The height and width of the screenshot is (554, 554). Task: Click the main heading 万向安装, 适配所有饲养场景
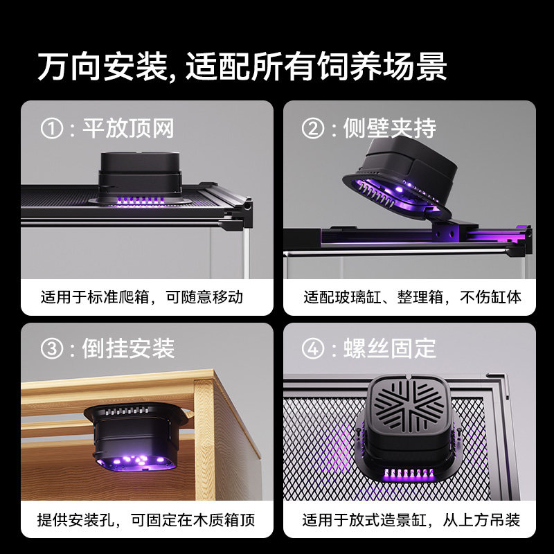click(x=242, y=67)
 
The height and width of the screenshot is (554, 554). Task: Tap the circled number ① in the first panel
click(x=53, y=128)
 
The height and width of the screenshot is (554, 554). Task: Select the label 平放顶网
click(x=128, y=128)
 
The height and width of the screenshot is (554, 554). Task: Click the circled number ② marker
click(x=314, y=128)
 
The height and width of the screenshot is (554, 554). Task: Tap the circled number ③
click(x=53, y=348)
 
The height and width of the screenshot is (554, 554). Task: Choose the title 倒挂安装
click(x=128, y=348)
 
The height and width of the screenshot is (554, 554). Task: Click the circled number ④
click(x=314, y=348)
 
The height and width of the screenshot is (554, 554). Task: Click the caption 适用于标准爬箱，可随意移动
click(x=142, y=298)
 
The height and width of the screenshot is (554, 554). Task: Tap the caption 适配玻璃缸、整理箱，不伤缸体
click(x=412, y=298)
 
